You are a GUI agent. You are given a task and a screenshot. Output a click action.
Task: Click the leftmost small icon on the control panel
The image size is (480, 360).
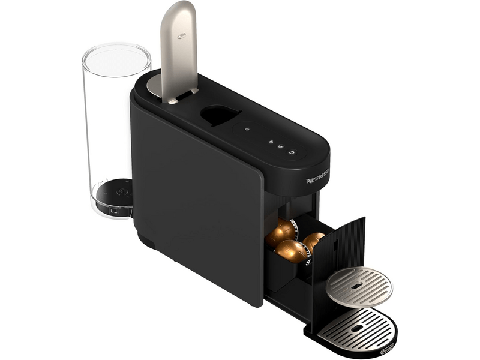tap(247, 129)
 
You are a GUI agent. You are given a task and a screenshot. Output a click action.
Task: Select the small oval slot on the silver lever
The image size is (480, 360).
tap(182, 35)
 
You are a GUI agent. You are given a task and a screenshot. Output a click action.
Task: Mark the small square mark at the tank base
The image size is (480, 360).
tap(115, 211)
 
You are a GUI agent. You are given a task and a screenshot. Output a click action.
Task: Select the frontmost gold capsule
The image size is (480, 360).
tap(292, 251)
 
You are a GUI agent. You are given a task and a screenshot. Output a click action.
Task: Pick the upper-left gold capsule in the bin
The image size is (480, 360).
tap(280, 230)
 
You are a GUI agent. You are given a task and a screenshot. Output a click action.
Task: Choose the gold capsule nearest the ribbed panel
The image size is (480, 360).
tap(314, 241)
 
